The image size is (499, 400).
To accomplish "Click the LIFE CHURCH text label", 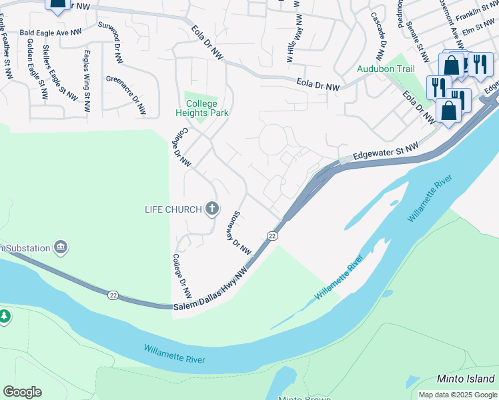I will tap(173, 209).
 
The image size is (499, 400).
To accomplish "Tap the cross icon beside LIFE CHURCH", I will tap(212, 209).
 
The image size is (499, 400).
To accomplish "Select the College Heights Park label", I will tap(207, 108).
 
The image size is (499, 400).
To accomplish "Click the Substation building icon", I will tap(61, 248).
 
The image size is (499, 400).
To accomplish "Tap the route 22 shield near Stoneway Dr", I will tap(272, 236).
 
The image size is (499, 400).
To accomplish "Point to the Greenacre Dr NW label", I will tap(126, 95).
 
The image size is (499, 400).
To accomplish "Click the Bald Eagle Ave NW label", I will tap(51, 31).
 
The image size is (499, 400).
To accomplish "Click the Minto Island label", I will tap(465, 379).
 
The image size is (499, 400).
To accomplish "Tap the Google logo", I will tap(22, 392).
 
